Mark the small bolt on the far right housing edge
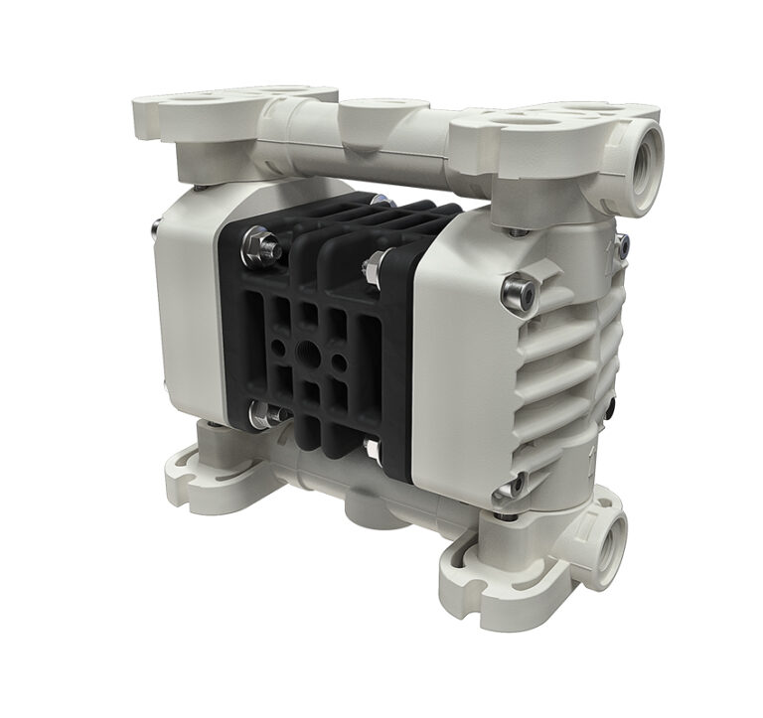(623, 244)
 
